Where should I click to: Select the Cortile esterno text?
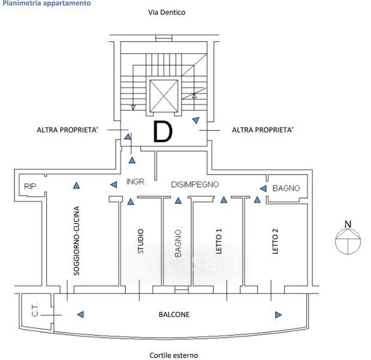coord(173,355)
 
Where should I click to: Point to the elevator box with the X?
coord(163,95)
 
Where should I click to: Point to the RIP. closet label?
coord(31,187)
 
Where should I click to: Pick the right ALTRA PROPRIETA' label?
coord(263,130)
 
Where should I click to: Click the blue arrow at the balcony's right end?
coord(278,314)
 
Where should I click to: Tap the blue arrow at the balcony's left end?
coord(81,314)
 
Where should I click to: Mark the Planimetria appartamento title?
coord(47,3)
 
